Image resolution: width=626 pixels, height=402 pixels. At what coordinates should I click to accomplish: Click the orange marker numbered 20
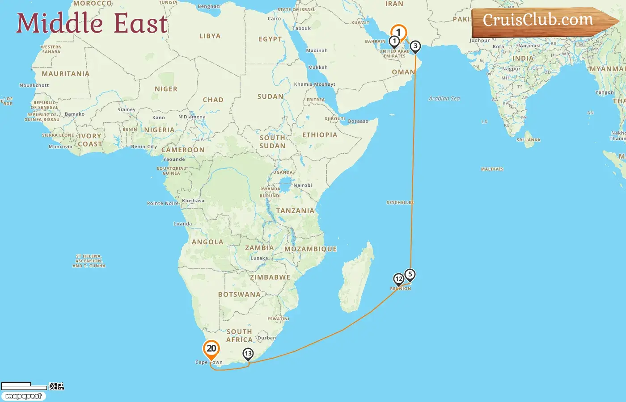211,349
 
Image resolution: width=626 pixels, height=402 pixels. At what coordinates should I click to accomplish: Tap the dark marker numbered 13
248,354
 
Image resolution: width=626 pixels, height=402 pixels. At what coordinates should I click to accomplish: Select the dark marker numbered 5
410,274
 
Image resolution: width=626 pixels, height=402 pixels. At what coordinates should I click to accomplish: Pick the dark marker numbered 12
398,279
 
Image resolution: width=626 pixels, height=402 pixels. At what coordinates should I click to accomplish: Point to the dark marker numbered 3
415,46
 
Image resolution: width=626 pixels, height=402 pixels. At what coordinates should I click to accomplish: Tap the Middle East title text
92,23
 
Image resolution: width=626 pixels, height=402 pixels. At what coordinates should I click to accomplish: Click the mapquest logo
23,396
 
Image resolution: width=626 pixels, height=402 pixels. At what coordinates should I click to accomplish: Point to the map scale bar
24,386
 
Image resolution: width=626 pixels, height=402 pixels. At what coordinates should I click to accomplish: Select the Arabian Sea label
444,99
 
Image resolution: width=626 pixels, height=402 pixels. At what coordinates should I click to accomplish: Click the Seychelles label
400,203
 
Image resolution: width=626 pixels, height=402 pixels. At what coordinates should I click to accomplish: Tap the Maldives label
492,169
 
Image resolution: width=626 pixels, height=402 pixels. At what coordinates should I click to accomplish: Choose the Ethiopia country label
320,135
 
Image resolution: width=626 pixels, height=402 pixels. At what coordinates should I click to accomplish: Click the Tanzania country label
295,211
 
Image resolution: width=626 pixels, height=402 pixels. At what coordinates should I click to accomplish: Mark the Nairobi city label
303,185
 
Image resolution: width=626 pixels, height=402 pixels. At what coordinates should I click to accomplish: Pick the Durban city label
266,338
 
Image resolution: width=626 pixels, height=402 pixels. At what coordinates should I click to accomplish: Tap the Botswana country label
239,295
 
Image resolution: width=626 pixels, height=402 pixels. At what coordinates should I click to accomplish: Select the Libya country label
210,36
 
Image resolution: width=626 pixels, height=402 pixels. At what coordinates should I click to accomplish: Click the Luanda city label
182,224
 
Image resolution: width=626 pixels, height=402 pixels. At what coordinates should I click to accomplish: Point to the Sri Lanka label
529,140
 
